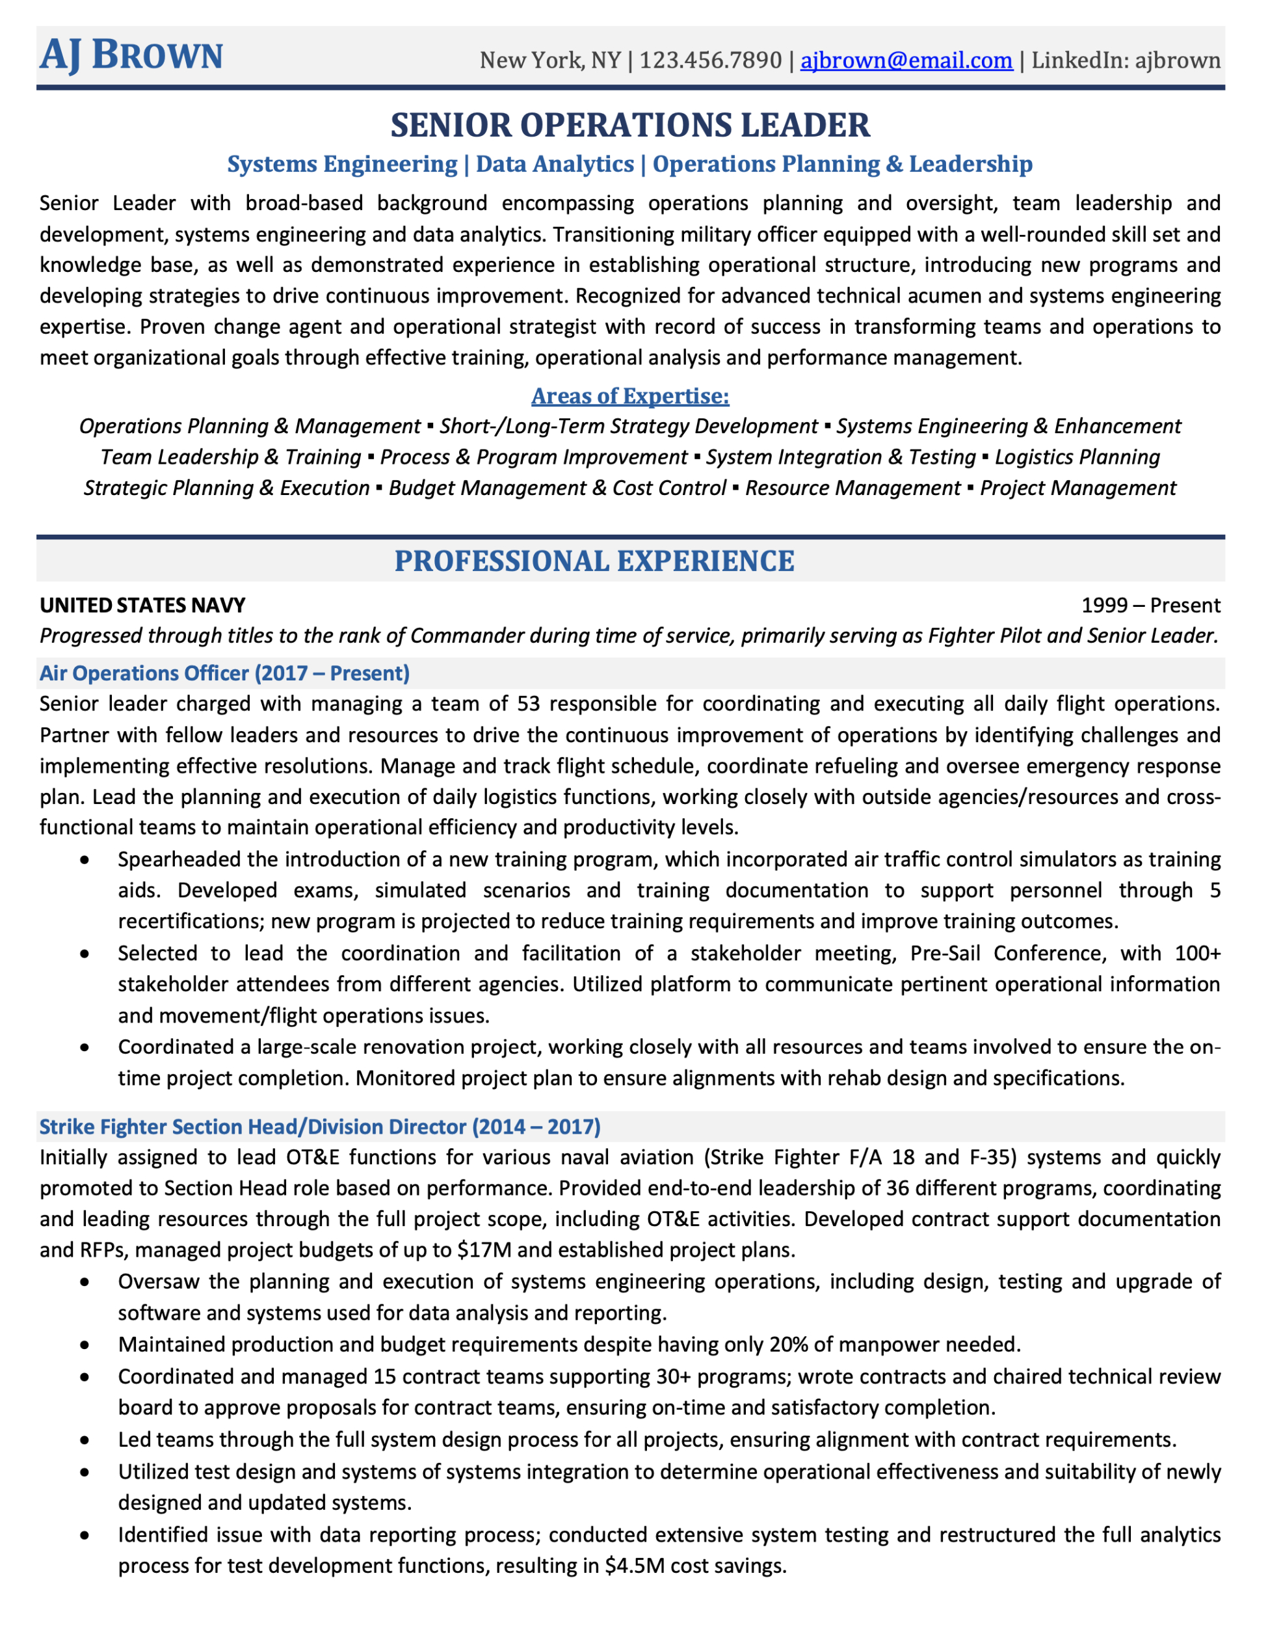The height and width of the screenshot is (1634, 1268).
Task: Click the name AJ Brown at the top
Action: [x=131, y=55]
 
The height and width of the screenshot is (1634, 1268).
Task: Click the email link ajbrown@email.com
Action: [x=906, y=60]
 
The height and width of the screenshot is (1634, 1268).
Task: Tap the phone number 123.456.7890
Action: [x=710, y=60]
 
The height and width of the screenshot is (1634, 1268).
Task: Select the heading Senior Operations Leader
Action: [x=630, y=125]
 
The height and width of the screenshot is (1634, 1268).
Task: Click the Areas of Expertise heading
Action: [x=630, y=395]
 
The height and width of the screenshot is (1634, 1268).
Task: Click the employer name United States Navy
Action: [x=142, y=605]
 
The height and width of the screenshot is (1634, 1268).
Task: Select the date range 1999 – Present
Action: [x=1150, y=605]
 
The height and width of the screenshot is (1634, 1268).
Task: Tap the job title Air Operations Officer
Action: [x=145, y=673]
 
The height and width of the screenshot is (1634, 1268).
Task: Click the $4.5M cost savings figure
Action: [x=635, y=1565]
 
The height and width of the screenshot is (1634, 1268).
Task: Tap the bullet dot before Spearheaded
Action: [x=85, y=861]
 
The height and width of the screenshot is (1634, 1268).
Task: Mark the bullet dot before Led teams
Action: [x=85, y=1440]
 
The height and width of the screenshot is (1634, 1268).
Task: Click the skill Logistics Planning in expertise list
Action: [x=1077, y=457]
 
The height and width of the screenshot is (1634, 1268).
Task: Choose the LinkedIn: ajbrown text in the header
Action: [x=1126, y=60]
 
